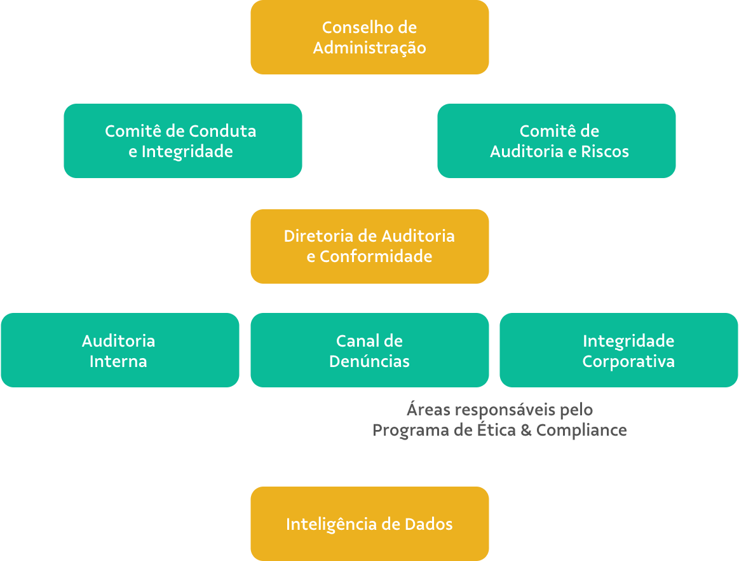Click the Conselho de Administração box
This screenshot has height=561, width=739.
point(369,37)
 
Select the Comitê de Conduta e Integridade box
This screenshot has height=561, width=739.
point(182,141)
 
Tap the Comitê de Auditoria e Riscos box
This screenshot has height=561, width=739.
point(556,141)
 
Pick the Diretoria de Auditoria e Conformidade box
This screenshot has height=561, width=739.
point(369,246)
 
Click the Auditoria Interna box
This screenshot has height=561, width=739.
point(119,350)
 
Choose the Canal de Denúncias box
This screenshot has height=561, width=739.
point(369,350)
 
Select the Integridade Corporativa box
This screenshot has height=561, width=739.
point(620,350)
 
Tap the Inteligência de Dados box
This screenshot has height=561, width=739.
point(369,523)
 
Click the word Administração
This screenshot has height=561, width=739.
point(369,48)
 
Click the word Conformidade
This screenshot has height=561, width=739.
point(376,256)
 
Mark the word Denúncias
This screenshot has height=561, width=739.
point(369,361)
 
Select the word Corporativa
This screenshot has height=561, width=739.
point(628,361)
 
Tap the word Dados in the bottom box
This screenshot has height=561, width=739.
point(429,524)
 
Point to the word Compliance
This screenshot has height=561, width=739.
point(581,431)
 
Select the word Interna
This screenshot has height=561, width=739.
point(118,361)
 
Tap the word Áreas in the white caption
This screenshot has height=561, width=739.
point(429,408)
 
